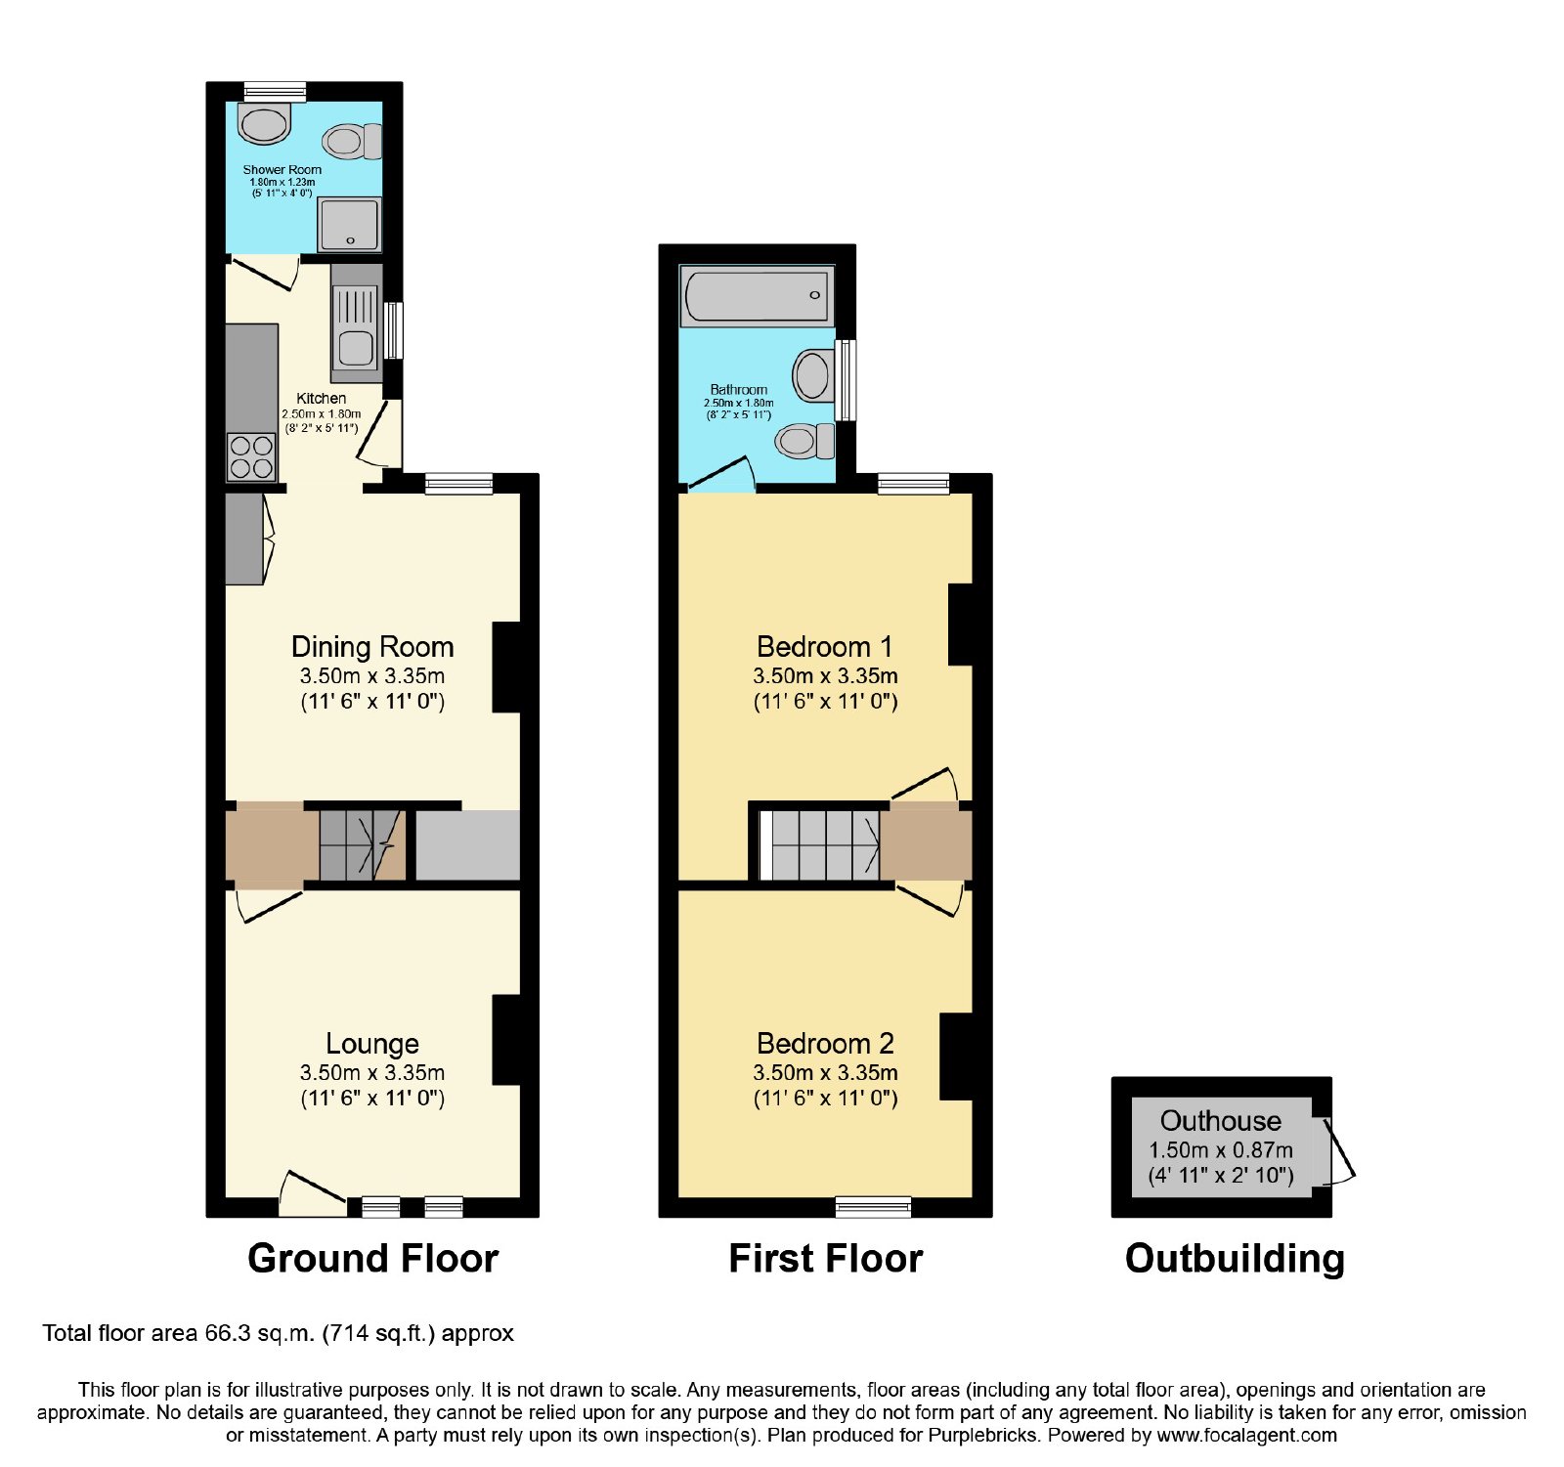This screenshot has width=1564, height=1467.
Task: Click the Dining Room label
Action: pyautogui.click(x=372, y=647)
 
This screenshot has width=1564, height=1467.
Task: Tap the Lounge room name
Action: pyautogui.click(x=372, y=1044)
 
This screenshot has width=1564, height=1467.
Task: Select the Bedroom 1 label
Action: pyautogui.click(x=825, y=647)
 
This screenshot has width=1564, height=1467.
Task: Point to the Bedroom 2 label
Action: pyautogui.click(x=825, y=1044)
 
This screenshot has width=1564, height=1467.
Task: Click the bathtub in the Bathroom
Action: pyautogui.click(x=758, y=295)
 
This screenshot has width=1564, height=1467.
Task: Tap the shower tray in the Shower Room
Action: pyautogui.click(x=349, y=224)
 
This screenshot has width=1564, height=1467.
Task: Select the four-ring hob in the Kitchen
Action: pyautogui.click(x=251, y=457)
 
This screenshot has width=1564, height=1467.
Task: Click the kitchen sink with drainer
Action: pyautogui.click(x=356, y=323)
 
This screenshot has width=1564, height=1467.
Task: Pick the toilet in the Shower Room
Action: pyautogui.click(x=352, y=141)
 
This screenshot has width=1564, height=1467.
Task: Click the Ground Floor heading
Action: pyautogui.click(x=372, y=1258)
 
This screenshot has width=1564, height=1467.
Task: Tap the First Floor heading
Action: pyautogui.click(x=825, y=1258)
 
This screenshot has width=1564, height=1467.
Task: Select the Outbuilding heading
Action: pyautogui.click(x=1235, y=1259)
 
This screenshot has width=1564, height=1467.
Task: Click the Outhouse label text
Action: pyautogui.click(x=1220, y=1120)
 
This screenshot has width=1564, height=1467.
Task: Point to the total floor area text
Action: pyautogui.click(x=278, y=1333)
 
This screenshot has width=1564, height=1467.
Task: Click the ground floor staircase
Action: pyautogui.click(x=362, y=845)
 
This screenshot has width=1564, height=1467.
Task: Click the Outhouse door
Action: pyautogui.click(x=1339, y=1151)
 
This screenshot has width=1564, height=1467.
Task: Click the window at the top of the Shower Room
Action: pyautogui.click(x=275, y=92)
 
